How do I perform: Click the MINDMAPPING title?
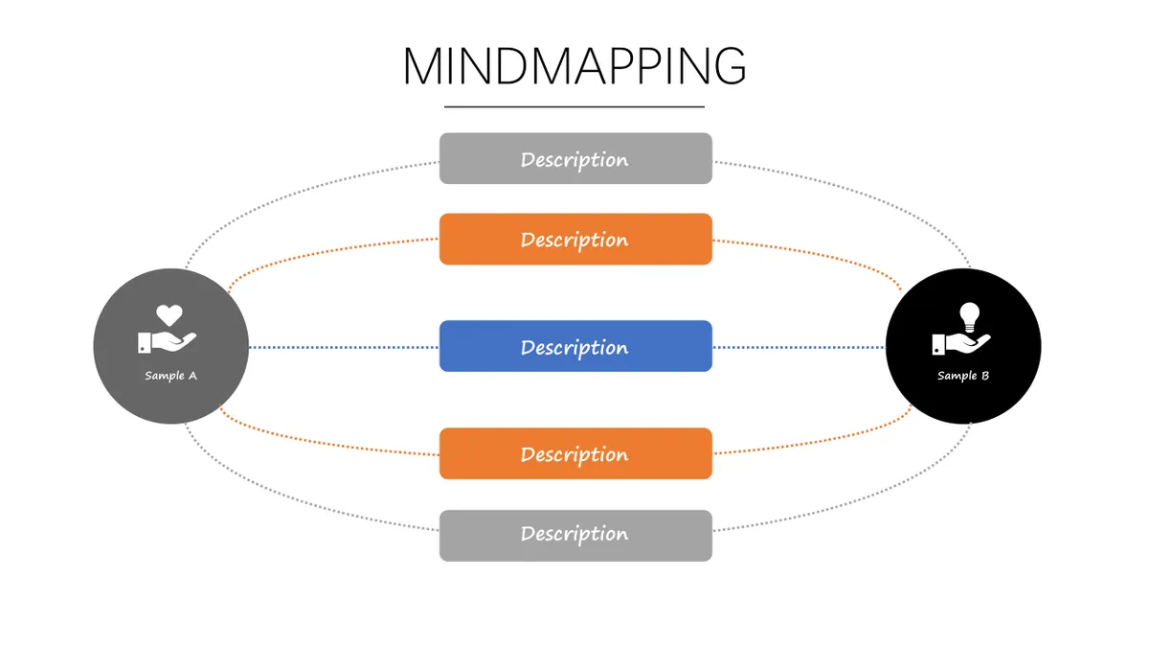pyautogui.click(x=574, y=66)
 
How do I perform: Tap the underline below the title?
pyautogui.click(x=574, y=106)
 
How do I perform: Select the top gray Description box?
pyautogui.click(x=575, y=159)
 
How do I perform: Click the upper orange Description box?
pyautogui.click(x=575, y=240)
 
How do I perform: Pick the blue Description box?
pyautogui.click(x=575, y=346)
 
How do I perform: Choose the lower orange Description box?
pyautogui.click(x=575, y=453)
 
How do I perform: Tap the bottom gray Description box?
pyautogui.click(x=575, y=536)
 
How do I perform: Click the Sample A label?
pyautogui.click(x=170, y=376)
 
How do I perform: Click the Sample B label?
pyautogui.click(x=963, y=376)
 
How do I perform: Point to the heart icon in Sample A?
pyautogui.click(x=169, y=314)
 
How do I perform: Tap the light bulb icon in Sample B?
pyautogui.click(x=969, y=317)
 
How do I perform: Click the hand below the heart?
pyautogui.click(x=167, y=342)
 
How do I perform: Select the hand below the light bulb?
pyautogui.click(x=960, y=344)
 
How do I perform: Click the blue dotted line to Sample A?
pyautogui.click(x=344, y=348)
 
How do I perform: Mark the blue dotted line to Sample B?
pyautogui.click(x=800, y=348)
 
